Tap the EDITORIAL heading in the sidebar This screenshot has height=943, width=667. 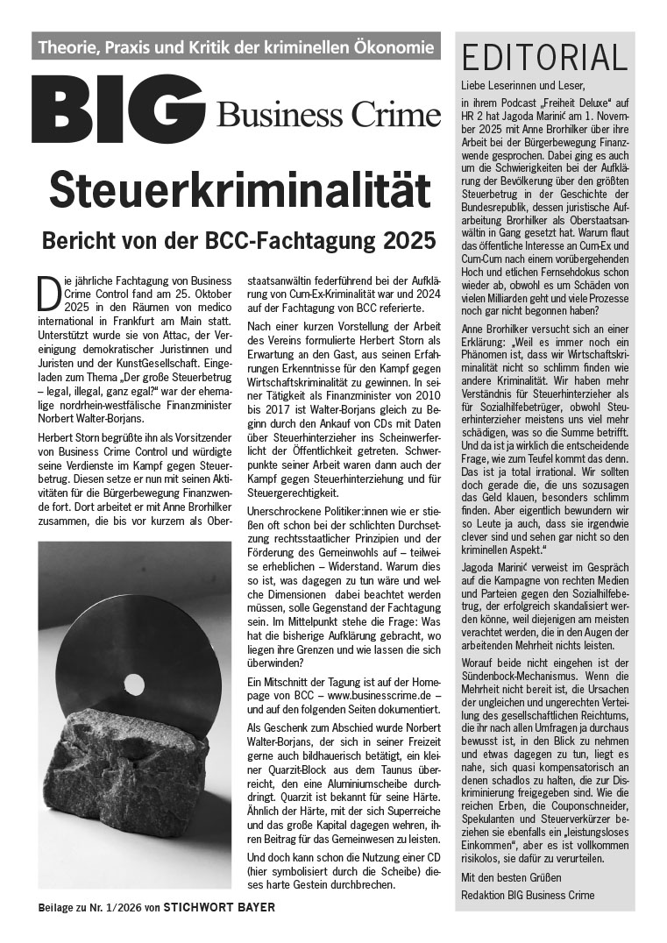click(x=545, y=57)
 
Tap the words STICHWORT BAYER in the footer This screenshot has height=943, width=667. click(x=219, y=906)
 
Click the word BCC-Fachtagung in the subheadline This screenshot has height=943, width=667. click(x=296, y=238)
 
